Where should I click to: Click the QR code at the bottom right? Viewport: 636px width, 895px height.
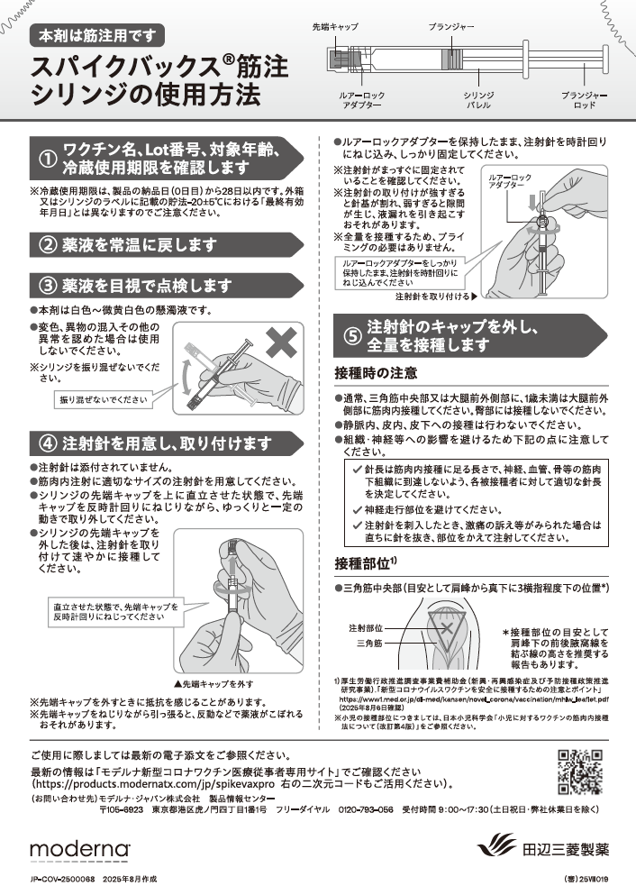pos(580,772)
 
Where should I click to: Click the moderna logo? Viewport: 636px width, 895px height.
pos(80,848)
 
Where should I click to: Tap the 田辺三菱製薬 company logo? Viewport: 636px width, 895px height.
pos(542,847)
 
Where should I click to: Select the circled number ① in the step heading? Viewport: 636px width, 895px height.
pos(48,160)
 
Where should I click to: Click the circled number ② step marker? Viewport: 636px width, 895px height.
pos(47,245)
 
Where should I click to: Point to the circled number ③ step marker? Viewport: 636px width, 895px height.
pos(47,285)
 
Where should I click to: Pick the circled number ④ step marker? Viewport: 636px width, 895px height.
pos(47,443)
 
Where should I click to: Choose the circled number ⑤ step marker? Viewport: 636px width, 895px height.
pos(352,335)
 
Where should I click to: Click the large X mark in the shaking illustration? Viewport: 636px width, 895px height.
pos(281,342)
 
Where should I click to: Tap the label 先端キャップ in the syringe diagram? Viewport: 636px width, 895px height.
pos(335,27)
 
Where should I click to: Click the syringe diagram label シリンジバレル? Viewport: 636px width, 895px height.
pos(478,100)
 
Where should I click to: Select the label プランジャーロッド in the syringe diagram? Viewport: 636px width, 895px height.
pos(584,100)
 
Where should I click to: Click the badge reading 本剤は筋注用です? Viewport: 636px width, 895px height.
pos(97,36)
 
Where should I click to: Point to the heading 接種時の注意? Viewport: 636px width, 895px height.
pos(376,373)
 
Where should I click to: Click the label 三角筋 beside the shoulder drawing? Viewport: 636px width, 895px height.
pos(369,644)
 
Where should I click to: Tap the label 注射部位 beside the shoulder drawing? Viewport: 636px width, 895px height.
pos(366,628)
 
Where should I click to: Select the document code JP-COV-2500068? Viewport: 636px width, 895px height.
pos(63,880)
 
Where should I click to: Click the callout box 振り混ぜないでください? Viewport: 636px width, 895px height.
pos(104,400)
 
